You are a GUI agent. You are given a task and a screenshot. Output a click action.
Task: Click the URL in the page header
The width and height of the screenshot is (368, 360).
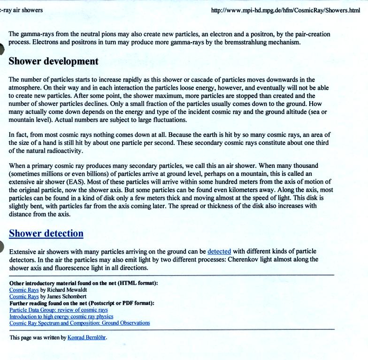click(285, 10)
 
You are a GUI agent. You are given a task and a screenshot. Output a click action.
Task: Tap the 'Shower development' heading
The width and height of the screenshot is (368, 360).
click(54, 61)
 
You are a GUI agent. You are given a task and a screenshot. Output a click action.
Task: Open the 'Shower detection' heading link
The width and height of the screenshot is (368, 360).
click(46, 233)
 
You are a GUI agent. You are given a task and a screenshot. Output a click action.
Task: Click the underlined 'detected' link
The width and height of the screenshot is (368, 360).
click(219, 251)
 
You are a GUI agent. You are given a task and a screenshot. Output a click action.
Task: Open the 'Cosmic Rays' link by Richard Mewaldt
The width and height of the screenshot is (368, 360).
click(24, 290)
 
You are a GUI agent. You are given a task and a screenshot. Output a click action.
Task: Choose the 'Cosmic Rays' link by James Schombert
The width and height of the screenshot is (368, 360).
click(24, 297)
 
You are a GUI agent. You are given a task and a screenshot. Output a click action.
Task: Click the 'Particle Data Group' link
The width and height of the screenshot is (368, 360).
click(59, 310)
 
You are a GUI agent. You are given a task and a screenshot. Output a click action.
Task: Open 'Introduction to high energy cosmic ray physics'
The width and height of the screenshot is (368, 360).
click(61, 316)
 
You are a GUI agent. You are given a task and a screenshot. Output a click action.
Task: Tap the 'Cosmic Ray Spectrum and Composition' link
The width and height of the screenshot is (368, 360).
click(79, 323)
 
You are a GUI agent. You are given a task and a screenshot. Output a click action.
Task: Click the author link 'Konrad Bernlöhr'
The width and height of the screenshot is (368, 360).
click(87, 337)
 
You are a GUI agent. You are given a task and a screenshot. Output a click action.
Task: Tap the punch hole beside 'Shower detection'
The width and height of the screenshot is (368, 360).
click(2, 247)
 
